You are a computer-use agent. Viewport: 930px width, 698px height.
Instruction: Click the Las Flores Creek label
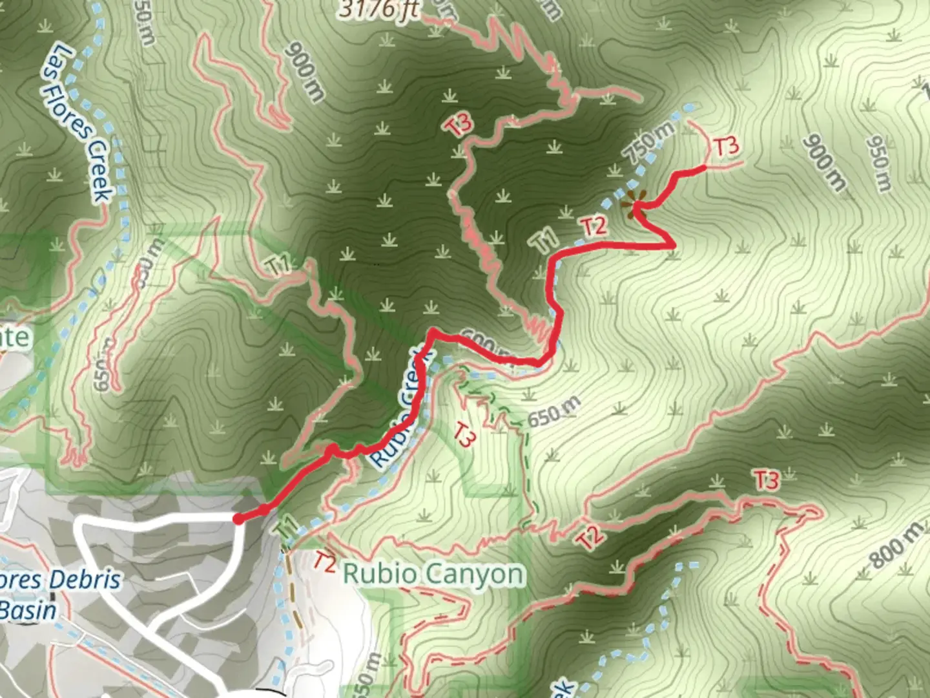pos(77,123)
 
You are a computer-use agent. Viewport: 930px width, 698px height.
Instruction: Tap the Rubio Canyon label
pos(433,574)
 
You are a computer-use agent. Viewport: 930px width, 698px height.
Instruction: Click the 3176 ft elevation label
pos(379,9)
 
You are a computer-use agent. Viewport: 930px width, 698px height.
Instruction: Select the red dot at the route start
pos(238,518)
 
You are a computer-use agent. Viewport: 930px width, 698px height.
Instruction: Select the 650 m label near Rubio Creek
pos(554,412)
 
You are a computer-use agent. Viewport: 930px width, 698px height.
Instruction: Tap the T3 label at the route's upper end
pos(726,147)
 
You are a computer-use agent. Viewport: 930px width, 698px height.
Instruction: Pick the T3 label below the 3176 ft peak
pos(459,125)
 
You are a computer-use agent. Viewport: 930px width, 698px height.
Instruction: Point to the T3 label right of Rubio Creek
pos(465,434)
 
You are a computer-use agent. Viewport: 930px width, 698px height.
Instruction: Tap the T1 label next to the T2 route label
pos(545,240)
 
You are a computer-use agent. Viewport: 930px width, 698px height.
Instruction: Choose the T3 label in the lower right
pos(766,480)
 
